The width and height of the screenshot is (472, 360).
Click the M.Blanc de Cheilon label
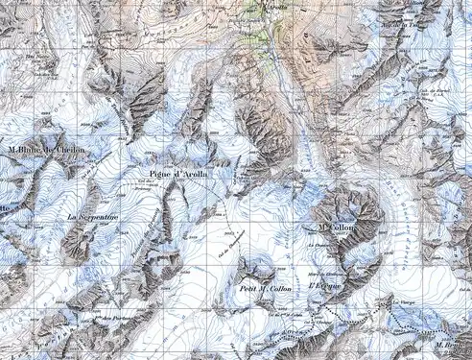click(x=46, y=151)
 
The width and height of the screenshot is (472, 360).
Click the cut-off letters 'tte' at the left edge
click(x=5, y=207)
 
